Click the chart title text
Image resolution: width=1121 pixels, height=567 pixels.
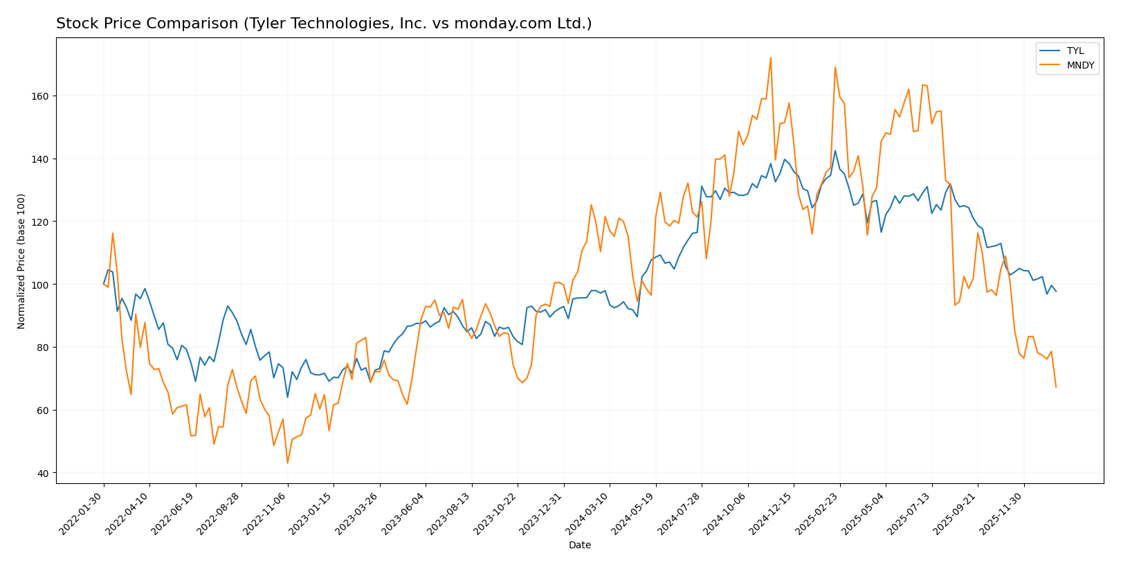[324, 24]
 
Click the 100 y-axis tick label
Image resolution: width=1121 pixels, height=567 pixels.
[41, 285]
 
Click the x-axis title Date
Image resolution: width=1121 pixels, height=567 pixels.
[579, 546]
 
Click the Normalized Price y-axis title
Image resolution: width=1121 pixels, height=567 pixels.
[21, 261]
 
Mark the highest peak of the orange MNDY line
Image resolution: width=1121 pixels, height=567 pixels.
[770, 57]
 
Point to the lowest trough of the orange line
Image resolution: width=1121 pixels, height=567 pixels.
[287, 463]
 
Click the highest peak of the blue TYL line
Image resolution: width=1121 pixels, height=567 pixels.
[835, 151]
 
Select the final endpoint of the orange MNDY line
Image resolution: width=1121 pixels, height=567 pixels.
[1056, 387]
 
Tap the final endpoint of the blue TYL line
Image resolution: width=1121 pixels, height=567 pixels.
[1056, 291]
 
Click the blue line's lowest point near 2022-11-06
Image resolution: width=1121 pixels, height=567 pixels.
[287, 397]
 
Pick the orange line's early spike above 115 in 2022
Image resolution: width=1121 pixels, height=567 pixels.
[113, 233]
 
